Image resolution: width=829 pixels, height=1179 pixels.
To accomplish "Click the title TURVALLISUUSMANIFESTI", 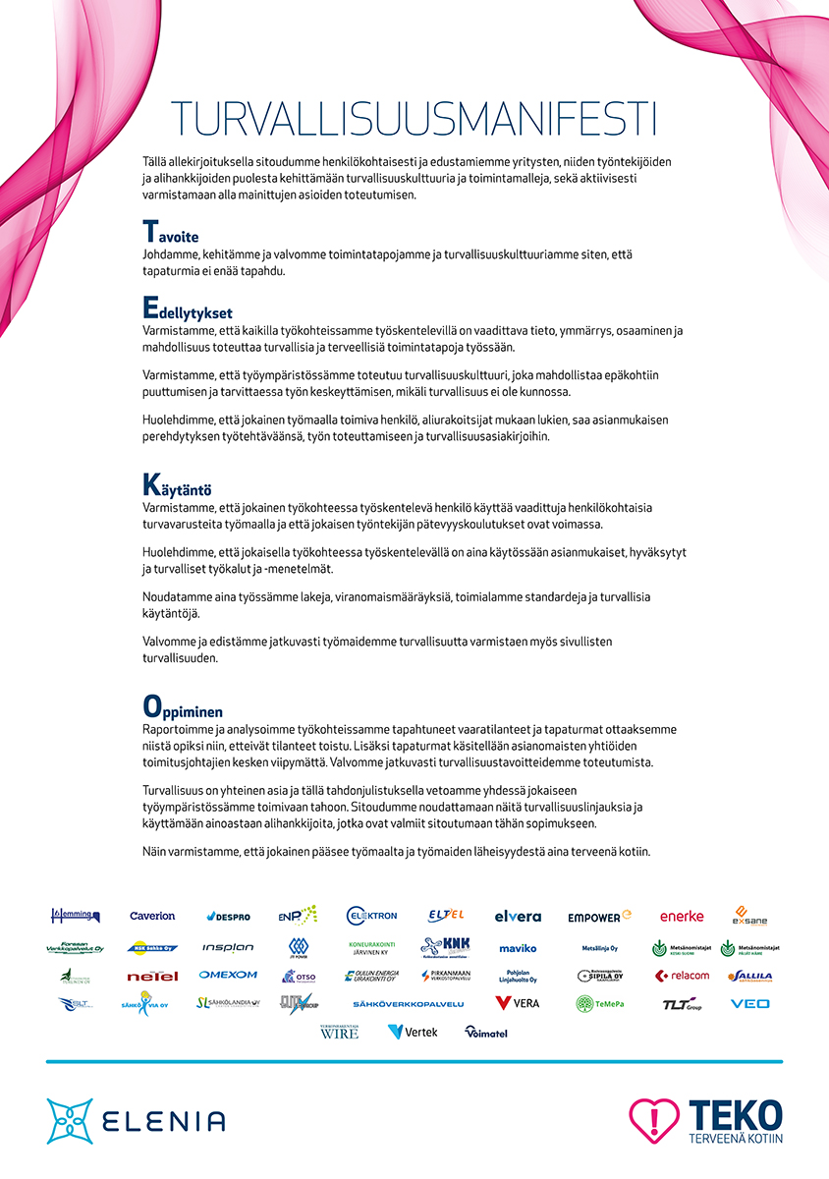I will click(x=414, y=118).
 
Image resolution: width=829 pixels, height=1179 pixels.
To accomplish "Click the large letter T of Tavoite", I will click(x=150, y=232).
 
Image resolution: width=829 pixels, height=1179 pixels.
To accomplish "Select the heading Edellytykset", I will click(x=188, y=309).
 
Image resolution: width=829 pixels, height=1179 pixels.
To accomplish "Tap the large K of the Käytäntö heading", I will click(x=151, y=484).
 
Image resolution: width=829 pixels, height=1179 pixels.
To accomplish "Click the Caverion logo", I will click(x=152, y=916).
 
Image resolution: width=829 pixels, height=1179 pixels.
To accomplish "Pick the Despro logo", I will click(x=228, y=917).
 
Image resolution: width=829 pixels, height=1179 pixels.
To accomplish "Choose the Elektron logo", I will click(x=371, y=915).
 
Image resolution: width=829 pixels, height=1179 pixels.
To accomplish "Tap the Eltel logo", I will click(x=446, y=915).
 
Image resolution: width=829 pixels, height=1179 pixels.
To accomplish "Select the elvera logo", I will click(x=518, y=916).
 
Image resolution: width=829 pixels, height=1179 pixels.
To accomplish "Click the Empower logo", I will click(x=599, y=917).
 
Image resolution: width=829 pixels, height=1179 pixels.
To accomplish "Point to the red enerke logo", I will click(x=682, y=916).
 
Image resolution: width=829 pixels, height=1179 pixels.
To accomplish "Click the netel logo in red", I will click(x=152, y=977).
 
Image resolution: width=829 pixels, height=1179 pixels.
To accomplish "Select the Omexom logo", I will click(x=228, y=975).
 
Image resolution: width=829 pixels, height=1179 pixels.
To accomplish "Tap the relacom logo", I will click(x=682, y=976).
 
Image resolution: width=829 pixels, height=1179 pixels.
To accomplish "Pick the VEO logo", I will click(x=750, y=1003).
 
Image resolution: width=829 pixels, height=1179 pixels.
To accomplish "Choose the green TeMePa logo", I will click(x=599, y=1003).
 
